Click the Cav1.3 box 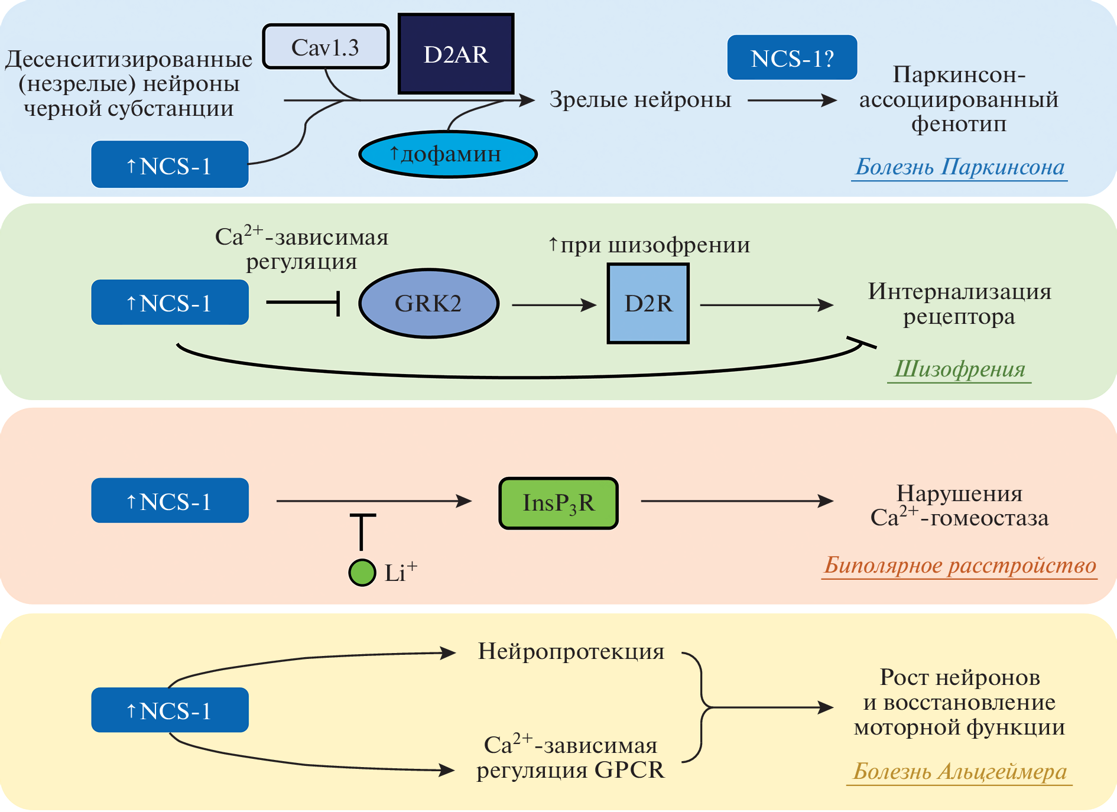coord(326,47)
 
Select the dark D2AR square coord(456,54)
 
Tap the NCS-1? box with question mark coord(792,58)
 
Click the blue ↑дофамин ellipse coord(447,154)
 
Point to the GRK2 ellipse coord(428,304)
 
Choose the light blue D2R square coord(648,304)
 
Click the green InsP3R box coord(558,503)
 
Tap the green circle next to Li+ coord(362,572)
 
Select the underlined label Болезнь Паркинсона coord(960,167)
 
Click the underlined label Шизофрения coord(959,369)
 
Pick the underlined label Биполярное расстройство coord(960,566)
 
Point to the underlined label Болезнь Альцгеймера coord(960,771)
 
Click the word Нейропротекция coord(571,651)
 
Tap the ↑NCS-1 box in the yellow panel coord(170,710)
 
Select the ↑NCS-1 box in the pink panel coord(170,501)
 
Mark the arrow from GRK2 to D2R coord(554,305)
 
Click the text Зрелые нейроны coord(640,100)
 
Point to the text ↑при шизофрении coord(649,245)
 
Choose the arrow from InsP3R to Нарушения coord(736,501)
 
